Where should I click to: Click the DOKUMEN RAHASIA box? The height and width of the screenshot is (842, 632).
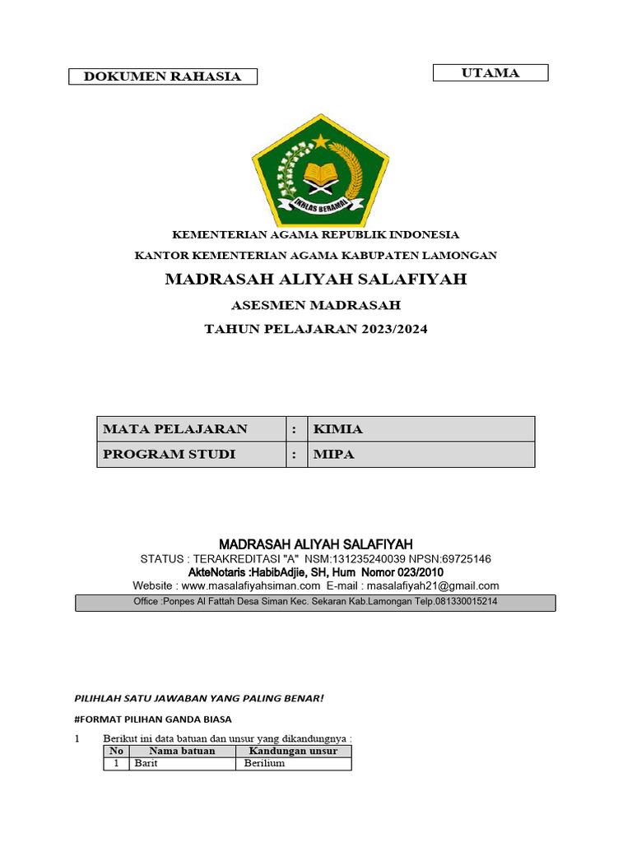pyautogui.click(x=162, y=76)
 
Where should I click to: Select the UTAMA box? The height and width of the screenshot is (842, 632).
pyautogui.click(x=490, y=73)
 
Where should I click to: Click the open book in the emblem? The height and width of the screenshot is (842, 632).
pyautogui.click(x=317, y=173)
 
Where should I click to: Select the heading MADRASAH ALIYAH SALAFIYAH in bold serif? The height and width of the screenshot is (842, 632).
pyautogui.click(x=316, y=280)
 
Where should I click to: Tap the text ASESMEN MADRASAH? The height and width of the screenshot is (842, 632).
pyautogui.click(x=316, y=305)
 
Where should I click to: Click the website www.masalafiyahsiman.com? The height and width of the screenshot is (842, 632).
pyautogui.click(x=250, y=585)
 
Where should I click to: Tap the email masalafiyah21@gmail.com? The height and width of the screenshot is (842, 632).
pyautogui.click(x=433, y=585)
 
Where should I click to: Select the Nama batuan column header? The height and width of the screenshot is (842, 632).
pyautogui.click(x=182, y=751)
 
